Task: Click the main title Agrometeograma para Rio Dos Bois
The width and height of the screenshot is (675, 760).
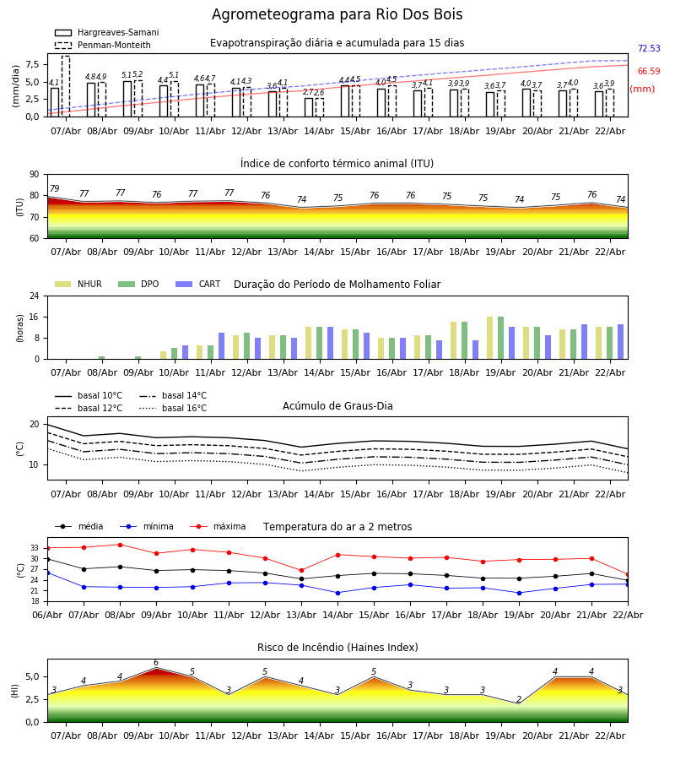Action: (x=337, y=15)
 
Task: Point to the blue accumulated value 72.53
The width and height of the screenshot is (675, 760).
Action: (x=649, y=49)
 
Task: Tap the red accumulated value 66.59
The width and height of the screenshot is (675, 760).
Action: (x=649, y=72)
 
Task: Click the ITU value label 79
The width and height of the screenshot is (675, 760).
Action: (x=55, y=189)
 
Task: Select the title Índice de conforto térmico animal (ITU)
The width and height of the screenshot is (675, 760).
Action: (x=337, y=164)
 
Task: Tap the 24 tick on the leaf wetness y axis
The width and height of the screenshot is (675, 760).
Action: (x=35, y=296)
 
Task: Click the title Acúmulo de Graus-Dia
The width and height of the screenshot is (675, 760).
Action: (x=337, y=406)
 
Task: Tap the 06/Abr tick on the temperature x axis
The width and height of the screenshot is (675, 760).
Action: (x=47, y=614)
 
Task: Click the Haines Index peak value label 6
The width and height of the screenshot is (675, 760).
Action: (x=156, y=663)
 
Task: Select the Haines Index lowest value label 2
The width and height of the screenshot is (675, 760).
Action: (x=519, y=700)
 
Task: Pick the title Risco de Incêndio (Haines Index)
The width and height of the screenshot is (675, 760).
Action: (x=337, y=648)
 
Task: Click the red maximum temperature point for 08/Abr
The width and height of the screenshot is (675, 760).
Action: (x=120, y=545)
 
